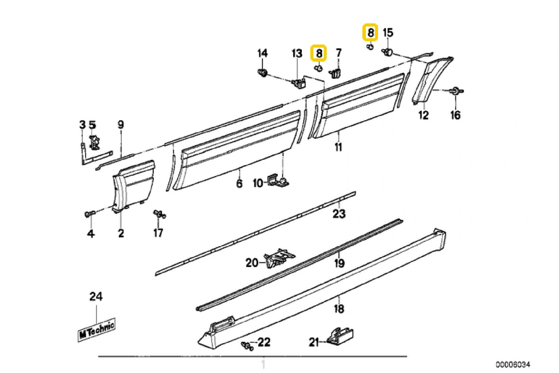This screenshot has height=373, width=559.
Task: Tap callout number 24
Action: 96,296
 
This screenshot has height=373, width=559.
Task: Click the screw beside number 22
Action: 246,345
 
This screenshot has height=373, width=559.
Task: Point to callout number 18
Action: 339,308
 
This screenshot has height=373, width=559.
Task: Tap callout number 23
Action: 339,214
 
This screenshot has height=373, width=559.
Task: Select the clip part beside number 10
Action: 279,180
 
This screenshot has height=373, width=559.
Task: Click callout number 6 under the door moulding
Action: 239,184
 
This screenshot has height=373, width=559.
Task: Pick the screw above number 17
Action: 159,214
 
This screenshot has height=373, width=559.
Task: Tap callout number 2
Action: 121,233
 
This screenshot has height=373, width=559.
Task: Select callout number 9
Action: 121,124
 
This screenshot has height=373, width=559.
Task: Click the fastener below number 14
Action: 263,72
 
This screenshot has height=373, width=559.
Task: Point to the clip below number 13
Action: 298,83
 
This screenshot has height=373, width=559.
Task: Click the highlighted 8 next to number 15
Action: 370,33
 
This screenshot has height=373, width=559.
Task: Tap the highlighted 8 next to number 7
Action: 319,53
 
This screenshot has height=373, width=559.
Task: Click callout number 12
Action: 423,115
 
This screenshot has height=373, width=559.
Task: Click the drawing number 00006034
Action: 513,364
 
